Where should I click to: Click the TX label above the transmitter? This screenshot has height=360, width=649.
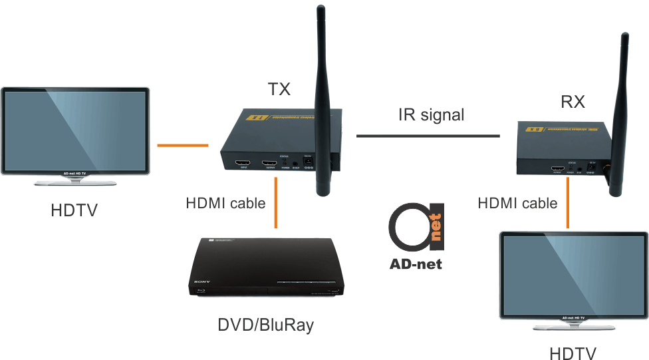pyautogui.click(x=279, y=89)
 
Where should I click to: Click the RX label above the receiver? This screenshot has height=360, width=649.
pyautogui.click(x=573, y=102)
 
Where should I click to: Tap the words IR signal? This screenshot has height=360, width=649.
pyautogui.click(x=431, y=114)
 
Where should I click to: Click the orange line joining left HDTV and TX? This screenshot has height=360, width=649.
pyautogui.click(x=183, y=144)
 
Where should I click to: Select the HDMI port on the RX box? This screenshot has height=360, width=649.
pyautogui.click(x=557, y=170)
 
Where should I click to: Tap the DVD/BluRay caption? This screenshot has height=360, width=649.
pyautogui.click(x=265, y=325)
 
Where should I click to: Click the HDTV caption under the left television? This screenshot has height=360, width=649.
pyautogui.click(x=74, y=211)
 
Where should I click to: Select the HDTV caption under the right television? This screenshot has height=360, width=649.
pyautogui.click(x=573, y=353)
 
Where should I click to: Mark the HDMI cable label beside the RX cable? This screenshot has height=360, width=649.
pyautogui.click(x=517, y=202)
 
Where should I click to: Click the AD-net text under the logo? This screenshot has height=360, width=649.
pyautogui.click(x=416, y=264)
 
